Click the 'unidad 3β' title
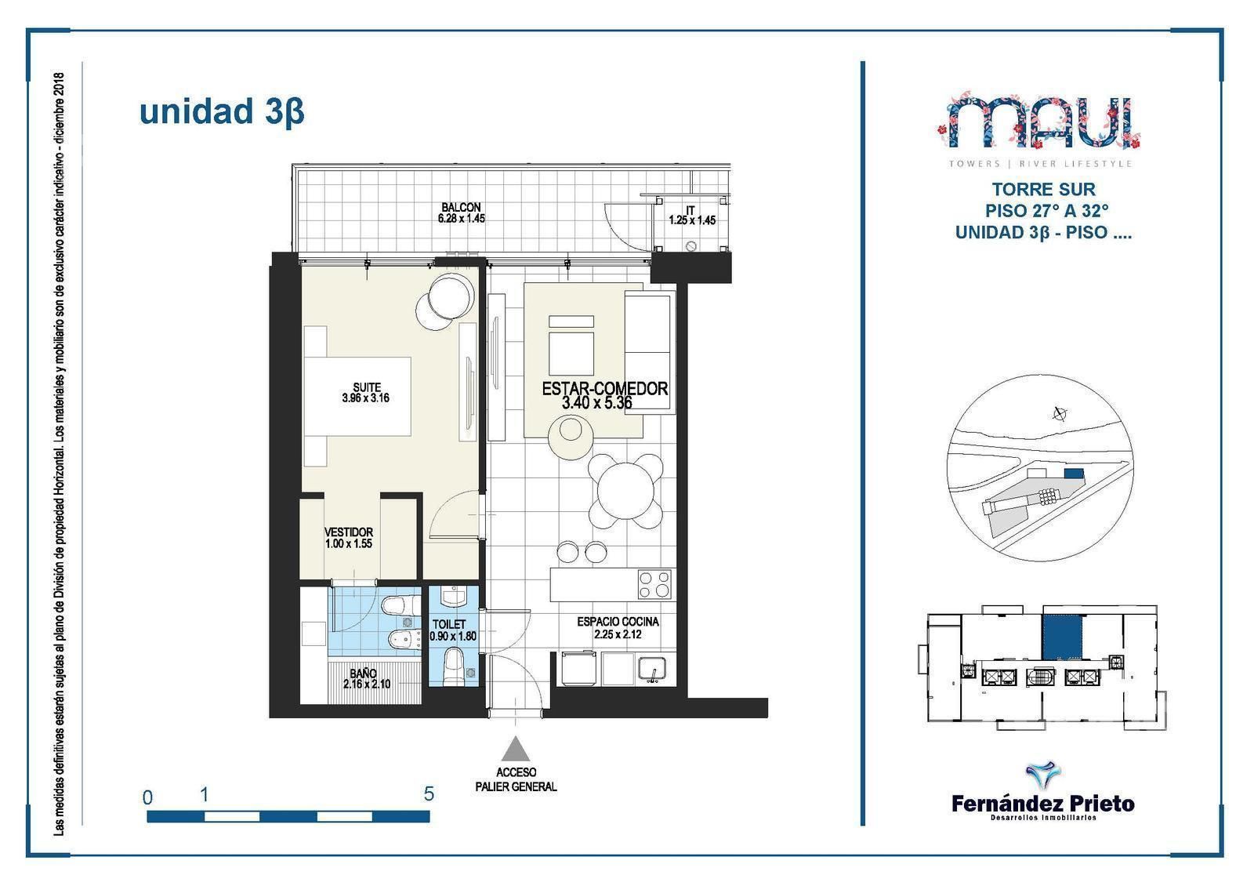(x=222, y=112)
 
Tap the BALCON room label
(x=461, y=207)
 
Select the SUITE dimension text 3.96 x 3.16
(x=365, y=398)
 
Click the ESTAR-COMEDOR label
(x=604, y=389)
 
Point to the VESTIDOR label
(x=348, y=532)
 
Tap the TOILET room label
(x=449, y=624)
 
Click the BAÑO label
(x=364, y=674)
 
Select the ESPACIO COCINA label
(x=618, y=622)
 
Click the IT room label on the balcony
(x=690, y=210)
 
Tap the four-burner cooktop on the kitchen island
(x=654, y=584)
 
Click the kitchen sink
(x=651, y=670)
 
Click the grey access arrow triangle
(x=515, y=749)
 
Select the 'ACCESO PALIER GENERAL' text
(x=516, y=779)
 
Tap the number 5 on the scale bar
(x=429, y=794)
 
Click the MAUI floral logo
(x=1039, y=122)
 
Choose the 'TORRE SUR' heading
(x=1043, y=189)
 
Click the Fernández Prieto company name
(x=1043, y=804)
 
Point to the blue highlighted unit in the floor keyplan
(x=1062, y=637)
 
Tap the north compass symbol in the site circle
(x=1059, y=414)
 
